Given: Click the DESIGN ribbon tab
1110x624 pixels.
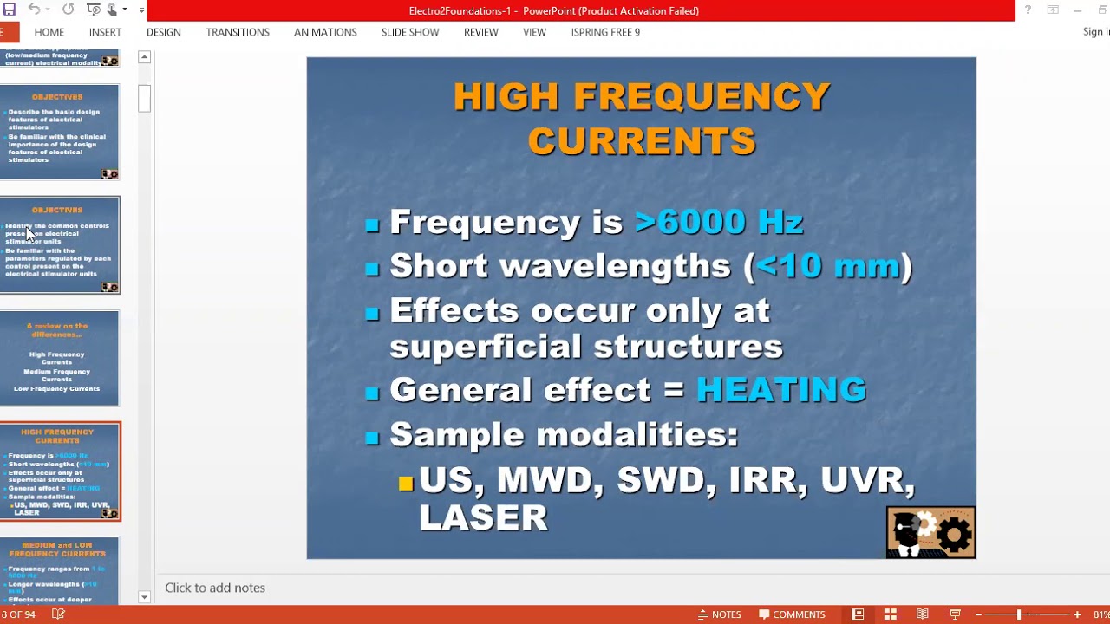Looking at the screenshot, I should click(x=163, y=32).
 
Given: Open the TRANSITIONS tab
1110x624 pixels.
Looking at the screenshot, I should click(x=238, y=32).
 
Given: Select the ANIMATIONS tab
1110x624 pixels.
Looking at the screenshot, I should click(x=325, y=32).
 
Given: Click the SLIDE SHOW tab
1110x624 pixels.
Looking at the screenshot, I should click(x=410, y=32).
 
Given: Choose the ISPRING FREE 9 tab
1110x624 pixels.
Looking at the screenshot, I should click(x=605, y=32).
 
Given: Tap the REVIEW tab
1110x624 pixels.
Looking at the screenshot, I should click(x=480, y=32).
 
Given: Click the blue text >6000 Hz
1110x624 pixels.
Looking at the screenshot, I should click(x=719, y=222).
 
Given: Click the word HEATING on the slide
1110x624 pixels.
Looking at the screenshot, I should click(x=780, y=390).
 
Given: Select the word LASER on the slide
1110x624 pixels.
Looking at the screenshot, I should click(x=483, y=517).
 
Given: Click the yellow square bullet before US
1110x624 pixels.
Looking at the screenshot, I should click(x=406, y=484).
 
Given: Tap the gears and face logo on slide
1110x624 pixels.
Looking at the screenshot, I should click(x=930, y=532).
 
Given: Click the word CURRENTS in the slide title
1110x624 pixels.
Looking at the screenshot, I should click(x=642, y=141).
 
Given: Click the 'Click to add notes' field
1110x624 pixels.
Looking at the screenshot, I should click(x=215, y=588).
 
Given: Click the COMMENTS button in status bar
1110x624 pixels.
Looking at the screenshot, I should click(x=792, y=614).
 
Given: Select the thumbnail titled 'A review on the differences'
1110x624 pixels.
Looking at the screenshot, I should click(x=59, y=358).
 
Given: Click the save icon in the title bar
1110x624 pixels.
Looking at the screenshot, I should click(x=10, y=10).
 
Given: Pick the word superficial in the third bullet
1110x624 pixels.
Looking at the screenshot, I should click(x=481, y=347).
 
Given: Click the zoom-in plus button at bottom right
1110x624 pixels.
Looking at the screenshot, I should click(x=1077, y=614).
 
